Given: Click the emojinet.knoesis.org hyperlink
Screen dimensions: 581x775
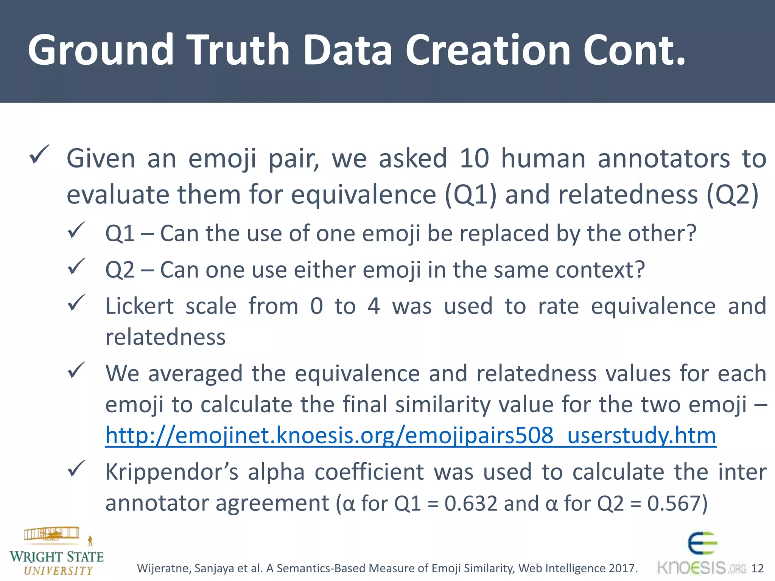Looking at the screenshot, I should [x=411, y=435].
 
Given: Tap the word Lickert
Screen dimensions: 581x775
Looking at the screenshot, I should [x=139, y=306].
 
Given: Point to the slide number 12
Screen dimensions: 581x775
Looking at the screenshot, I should [x=757, y=568].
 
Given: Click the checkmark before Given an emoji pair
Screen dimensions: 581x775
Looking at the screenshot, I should [x=39, y=155].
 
